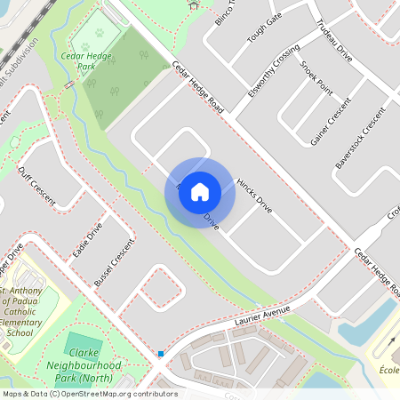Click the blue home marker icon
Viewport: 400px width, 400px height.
click(x=200, y=191)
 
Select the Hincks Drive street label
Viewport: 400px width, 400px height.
click(x=254, y=196)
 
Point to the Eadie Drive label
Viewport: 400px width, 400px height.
click(x=87, y=238)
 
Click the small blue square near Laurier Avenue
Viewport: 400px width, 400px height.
click(x=160, y=354)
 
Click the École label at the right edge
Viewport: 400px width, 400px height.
click(x=388, y=369)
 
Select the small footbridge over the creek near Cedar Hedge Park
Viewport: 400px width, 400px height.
click(x=69, y=85)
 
